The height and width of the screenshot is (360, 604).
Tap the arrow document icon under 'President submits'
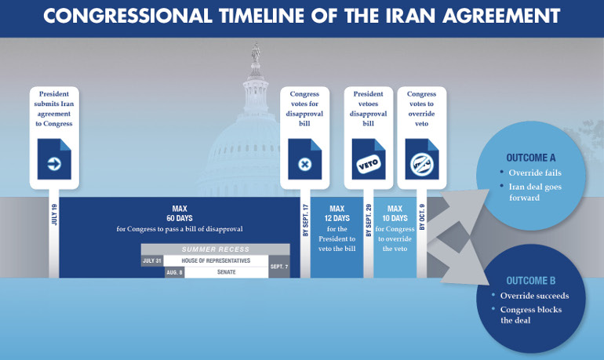[x=54, y=159]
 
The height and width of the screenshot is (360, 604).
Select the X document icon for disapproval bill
[x=304, y=159]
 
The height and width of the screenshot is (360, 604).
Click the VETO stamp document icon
[x=369, y=159]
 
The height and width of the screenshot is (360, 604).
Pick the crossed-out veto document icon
[x=422, y=159]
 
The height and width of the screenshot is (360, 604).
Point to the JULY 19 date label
[x=54, y=215]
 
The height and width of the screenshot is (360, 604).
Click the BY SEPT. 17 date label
[x=305, y=220]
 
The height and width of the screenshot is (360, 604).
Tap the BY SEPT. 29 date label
[x=369, y=220]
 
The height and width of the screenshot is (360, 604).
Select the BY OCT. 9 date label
[x=422, y=217]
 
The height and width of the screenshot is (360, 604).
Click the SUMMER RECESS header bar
[x=216, y=249]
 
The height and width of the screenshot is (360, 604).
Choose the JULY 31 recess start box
[x=152, y=260]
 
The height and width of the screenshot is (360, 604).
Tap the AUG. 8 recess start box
[x=174, y=272]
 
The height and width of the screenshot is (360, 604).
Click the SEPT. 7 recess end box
[x=279, y=267]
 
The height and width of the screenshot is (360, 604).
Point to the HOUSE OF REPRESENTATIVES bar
[x=216, y=260]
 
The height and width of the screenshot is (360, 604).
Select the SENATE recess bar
[x=227, y=272]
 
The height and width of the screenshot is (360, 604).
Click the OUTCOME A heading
[x=531, y=158]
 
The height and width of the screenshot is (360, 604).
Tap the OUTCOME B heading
[x=531, y=281]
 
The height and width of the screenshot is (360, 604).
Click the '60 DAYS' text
[x=180, y=218]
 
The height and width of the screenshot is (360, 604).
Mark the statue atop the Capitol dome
[x=256, y=53]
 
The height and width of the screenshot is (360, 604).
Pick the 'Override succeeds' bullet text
[x=535, y=296]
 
